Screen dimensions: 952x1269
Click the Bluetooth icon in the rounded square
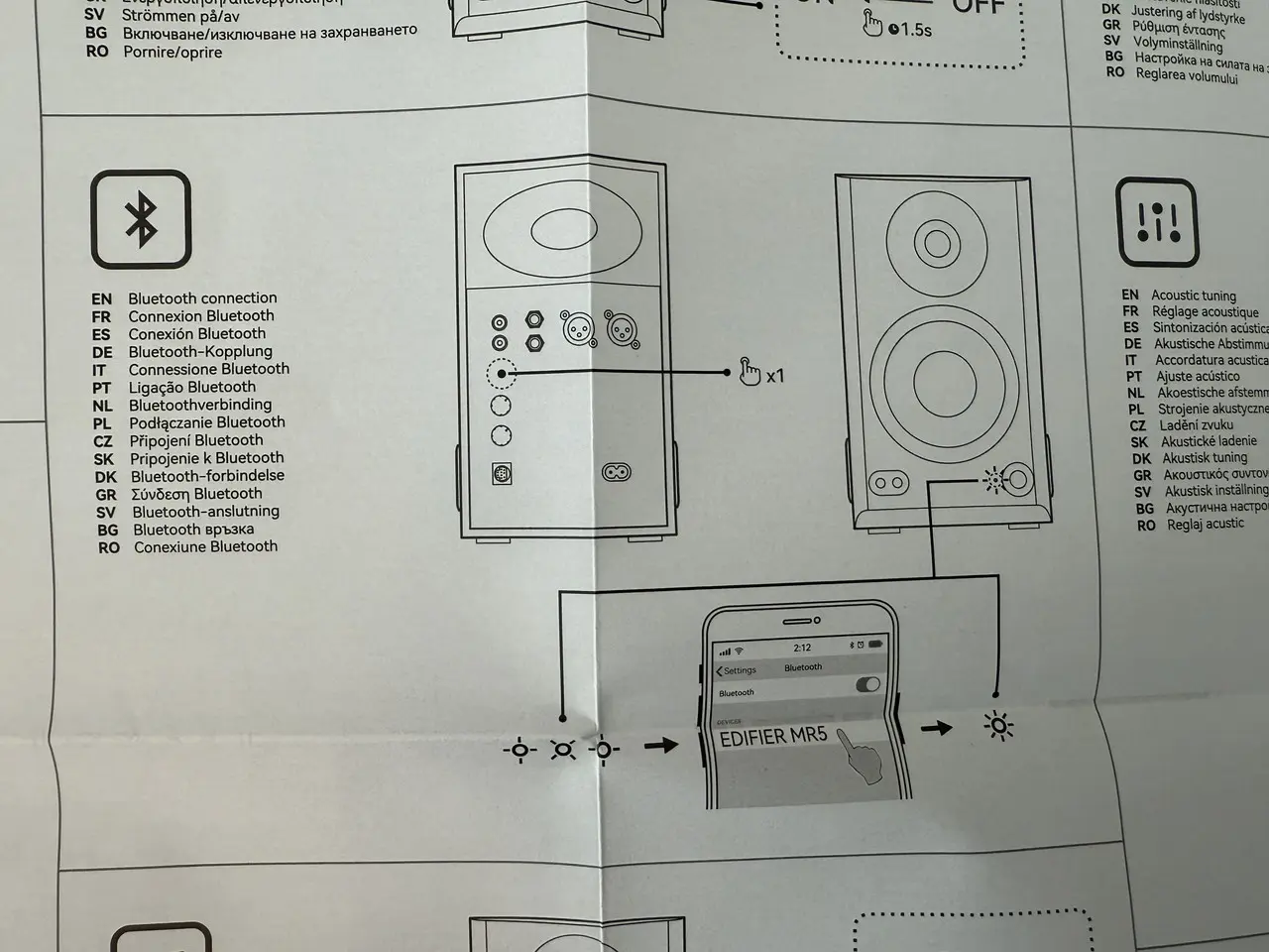(141, 220)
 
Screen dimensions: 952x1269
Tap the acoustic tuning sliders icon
(1157, 224)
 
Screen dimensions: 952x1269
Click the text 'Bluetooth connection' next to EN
(202, 298)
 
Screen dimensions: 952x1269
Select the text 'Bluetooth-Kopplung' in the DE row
(200, 351)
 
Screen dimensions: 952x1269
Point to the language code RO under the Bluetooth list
(109, 547)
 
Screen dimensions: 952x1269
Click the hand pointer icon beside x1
(750, 373)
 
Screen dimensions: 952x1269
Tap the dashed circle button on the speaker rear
(501, 374)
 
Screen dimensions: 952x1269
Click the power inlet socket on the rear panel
(617, 473)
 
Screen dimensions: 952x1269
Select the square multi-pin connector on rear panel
(502, 473)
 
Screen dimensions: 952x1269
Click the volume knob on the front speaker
(1018, 481)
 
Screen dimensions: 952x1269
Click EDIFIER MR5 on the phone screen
(772, 738)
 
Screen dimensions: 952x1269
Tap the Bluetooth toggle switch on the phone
(867, 685)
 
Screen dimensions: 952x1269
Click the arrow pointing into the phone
(661, 744)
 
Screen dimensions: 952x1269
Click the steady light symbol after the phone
(997, 728)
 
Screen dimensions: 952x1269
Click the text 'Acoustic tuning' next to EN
(1194, 296)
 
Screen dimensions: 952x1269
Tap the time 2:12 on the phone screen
(802, 648)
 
